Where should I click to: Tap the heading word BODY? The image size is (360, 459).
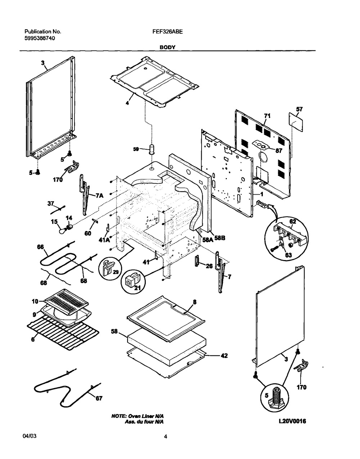pos(167,47)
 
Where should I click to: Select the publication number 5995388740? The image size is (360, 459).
pos(40,38)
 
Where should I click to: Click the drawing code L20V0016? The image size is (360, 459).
pos(292,421)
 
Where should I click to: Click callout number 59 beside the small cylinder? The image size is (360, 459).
pos(136,149)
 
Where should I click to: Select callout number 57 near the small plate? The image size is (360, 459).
pos(299,109)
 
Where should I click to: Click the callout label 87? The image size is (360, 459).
pos(279,151)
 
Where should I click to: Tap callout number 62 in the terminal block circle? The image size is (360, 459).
pos(293,222)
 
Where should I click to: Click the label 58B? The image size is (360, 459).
pos(220,238)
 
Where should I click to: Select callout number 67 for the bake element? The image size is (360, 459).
pos(99,399)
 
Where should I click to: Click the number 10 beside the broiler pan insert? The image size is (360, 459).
pos(35,301)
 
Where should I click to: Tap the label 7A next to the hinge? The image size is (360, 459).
pos(99,196)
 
